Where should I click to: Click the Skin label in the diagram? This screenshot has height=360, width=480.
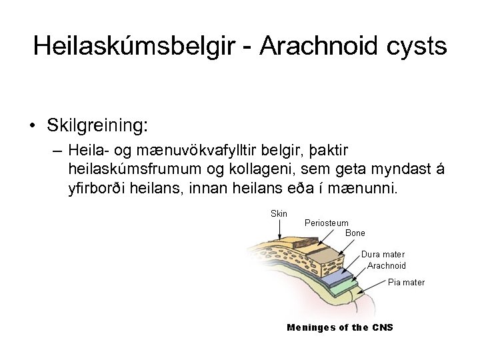(279, 213)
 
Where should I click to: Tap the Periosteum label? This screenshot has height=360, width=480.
(326, 223)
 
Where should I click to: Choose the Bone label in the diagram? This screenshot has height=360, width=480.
(355, 233)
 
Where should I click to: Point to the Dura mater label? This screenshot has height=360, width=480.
(383, 254)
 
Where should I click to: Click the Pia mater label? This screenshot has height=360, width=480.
(406, 283)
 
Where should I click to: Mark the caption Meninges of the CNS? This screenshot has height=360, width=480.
(339, 327)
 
